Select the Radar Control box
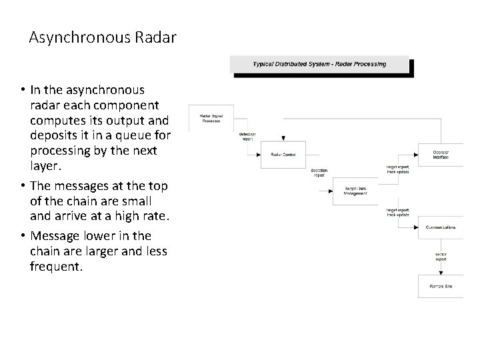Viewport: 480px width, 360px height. pos(283,155)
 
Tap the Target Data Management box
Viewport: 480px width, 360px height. pos(355,191)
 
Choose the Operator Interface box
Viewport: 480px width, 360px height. pos(441,155)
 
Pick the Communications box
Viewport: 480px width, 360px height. pos(441,227)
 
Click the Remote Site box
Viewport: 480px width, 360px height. pos(440,286)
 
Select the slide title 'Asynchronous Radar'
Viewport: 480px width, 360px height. pos(103,37)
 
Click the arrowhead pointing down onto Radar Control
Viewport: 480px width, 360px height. pos(283,139)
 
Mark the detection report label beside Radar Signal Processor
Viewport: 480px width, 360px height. pos(247,137)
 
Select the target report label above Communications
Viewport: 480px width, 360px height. pos(398,212)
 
